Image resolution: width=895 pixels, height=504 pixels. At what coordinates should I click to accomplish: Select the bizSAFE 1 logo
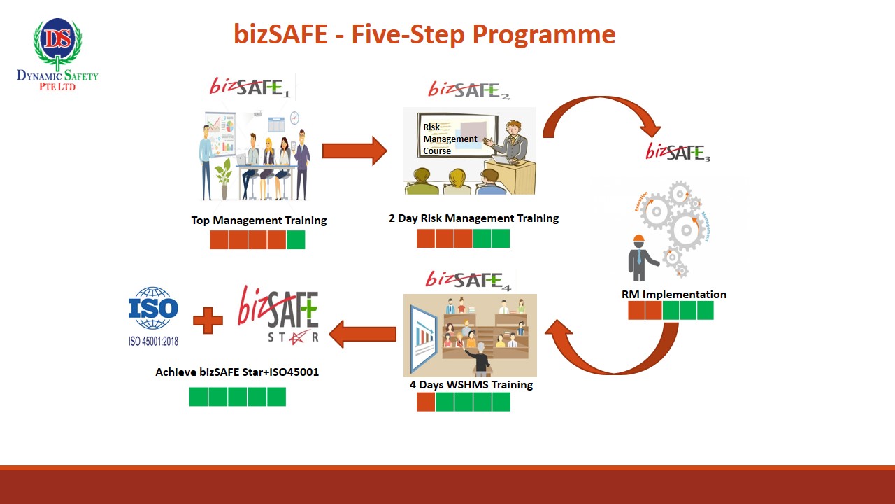(250, 86)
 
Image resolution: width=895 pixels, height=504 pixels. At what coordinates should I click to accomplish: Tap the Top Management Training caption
(259, 220)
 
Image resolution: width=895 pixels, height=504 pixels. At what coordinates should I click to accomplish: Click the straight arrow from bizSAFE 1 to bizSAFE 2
(354, 150)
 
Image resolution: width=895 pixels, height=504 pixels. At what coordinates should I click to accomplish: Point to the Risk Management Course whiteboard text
(450, 139)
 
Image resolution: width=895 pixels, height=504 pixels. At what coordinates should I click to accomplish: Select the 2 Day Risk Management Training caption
(473, 218)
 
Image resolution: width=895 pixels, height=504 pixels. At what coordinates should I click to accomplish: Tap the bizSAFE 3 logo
(678, 152)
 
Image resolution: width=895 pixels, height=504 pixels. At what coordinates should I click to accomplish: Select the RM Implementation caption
(673, 294)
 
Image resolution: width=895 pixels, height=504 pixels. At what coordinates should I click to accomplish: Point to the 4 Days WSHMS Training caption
(471, 384)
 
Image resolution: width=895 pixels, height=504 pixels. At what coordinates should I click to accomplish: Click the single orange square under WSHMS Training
(426, 402)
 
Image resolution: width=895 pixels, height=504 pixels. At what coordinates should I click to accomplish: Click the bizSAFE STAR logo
(279, 315)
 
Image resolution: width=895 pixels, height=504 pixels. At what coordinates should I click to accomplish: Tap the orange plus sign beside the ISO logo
(208, 321)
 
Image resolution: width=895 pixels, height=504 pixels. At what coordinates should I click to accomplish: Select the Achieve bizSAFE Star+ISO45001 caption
(237, 372)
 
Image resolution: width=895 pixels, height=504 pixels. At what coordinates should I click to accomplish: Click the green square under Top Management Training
(296, 240)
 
